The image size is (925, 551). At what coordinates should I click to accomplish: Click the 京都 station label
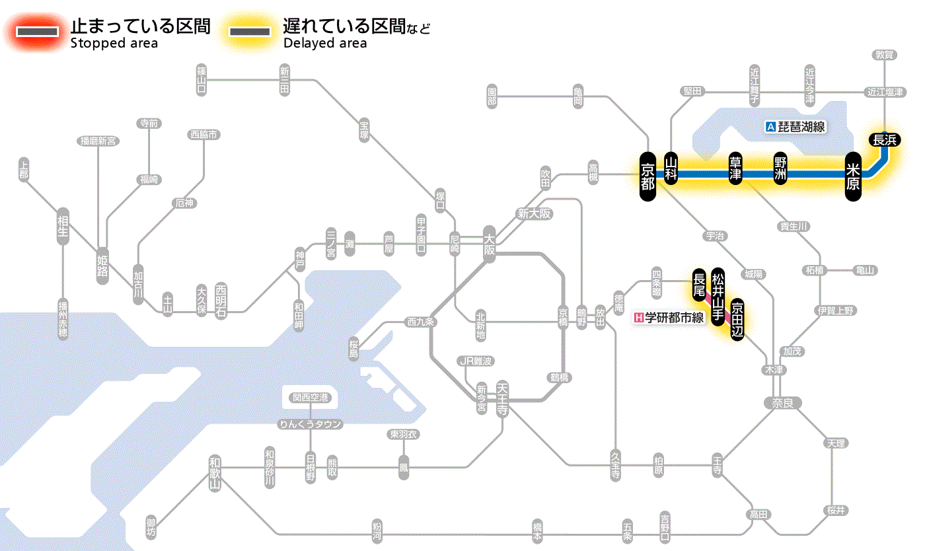tap(647, 175)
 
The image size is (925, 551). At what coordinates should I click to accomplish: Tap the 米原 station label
tap(853, 175)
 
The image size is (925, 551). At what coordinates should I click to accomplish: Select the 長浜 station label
tap(884, 139)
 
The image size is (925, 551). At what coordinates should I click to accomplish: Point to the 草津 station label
tap(735, 170)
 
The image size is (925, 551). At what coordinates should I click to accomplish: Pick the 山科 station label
tap(671, 170)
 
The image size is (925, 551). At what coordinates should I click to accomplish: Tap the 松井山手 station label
tap(718, 295)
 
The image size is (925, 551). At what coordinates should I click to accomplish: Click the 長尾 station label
tap(698, 285)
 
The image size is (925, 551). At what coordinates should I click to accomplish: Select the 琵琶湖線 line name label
tap(795, 127)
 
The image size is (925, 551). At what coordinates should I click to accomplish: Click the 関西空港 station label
tap(310, 398)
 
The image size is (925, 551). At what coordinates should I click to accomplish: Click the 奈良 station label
tap(782, 402)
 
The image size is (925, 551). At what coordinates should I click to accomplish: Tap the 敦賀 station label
tap(884, 55)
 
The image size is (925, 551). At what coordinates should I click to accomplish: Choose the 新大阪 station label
tap(534, 214)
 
